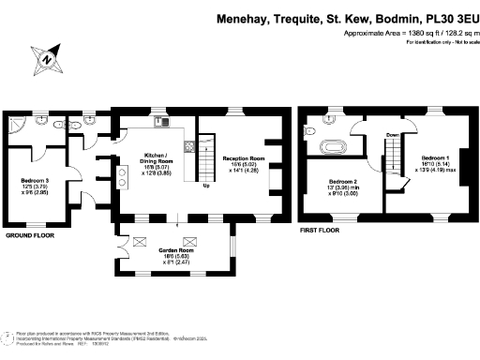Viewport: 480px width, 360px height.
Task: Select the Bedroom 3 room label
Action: [x=35, y=185]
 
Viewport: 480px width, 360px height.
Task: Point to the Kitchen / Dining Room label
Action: [x=155, y=161]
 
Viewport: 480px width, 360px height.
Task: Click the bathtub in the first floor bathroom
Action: [x=333, y=146]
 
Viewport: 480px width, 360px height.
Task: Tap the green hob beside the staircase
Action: [x=189, y=146]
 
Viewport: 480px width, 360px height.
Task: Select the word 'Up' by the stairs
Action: [x=205, y=186]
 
